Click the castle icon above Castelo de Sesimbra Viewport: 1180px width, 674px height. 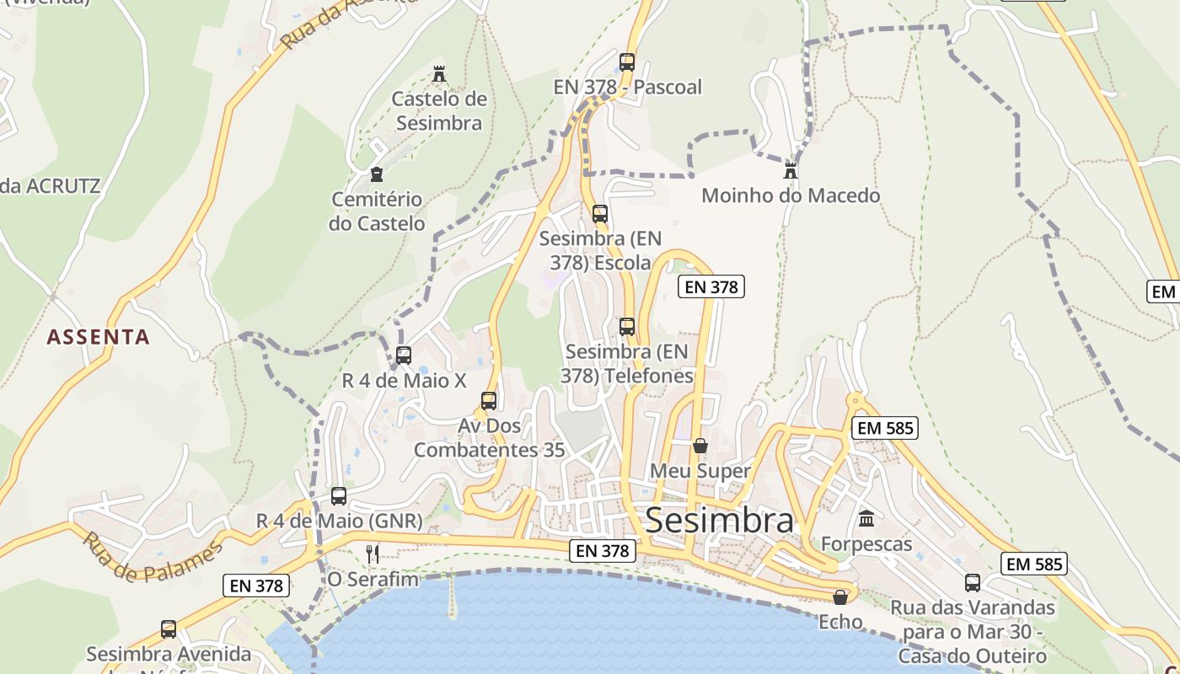439,74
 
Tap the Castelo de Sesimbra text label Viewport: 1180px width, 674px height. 439,111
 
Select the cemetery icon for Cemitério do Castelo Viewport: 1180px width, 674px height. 377,174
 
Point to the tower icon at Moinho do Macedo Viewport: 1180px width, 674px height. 791,170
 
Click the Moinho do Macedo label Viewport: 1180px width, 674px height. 791,195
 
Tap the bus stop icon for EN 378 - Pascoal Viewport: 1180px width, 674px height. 627,62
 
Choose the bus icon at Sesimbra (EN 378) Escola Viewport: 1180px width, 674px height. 600,213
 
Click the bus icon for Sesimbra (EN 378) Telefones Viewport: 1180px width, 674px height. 627,326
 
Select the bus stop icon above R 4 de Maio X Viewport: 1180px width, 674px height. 404,355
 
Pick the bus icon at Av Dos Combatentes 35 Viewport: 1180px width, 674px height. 489,400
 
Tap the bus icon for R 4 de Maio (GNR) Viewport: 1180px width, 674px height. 339,495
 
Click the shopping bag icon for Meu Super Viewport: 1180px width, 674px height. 700,445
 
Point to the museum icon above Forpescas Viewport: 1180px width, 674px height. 866,518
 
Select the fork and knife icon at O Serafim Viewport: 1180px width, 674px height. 373,554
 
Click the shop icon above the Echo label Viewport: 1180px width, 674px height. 840,597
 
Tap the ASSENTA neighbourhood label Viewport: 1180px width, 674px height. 99,337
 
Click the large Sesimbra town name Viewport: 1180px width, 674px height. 719,521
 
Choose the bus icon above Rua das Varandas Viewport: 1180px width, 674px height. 973,582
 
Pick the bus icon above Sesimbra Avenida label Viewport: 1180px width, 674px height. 169,629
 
